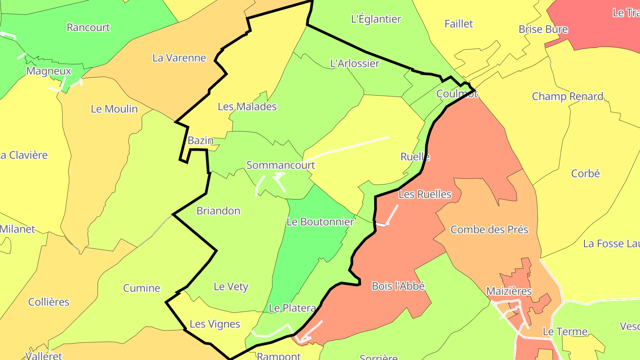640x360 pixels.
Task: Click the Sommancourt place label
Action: (x=280, y=165)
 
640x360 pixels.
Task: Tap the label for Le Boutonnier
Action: (x=320, y=221)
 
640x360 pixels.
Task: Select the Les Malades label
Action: (x=247, y=107)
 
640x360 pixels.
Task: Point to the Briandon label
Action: (x=218, y=211)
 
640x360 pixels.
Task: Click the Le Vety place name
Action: (x=231, y=287)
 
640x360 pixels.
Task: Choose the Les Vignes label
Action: (x=215, y=324)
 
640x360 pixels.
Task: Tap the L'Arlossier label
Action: (x=355, y=64)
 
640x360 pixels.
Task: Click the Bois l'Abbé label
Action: (x=398, y=286)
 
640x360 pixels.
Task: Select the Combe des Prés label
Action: (x=489, y=230)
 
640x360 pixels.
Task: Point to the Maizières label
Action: (x=509, y=292)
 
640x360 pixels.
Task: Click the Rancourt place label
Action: (x=88, y=28)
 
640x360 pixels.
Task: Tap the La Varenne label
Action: (x=179, y=58)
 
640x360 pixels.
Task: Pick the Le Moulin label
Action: (x=114, y=109)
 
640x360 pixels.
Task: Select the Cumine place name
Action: (x=141, y=288)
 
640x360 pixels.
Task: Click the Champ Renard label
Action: (x=568, y=96)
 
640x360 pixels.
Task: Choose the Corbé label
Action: (x=585, y=173)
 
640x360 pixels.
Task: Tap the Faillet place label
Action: (x=459, y=24)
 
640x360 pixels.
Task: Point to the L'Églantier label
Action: (x=376, y=19)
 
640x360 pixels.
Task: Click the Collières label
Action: (x=49, y=302)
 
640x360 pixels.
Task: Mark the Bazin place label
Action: (x=200, y=140)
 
